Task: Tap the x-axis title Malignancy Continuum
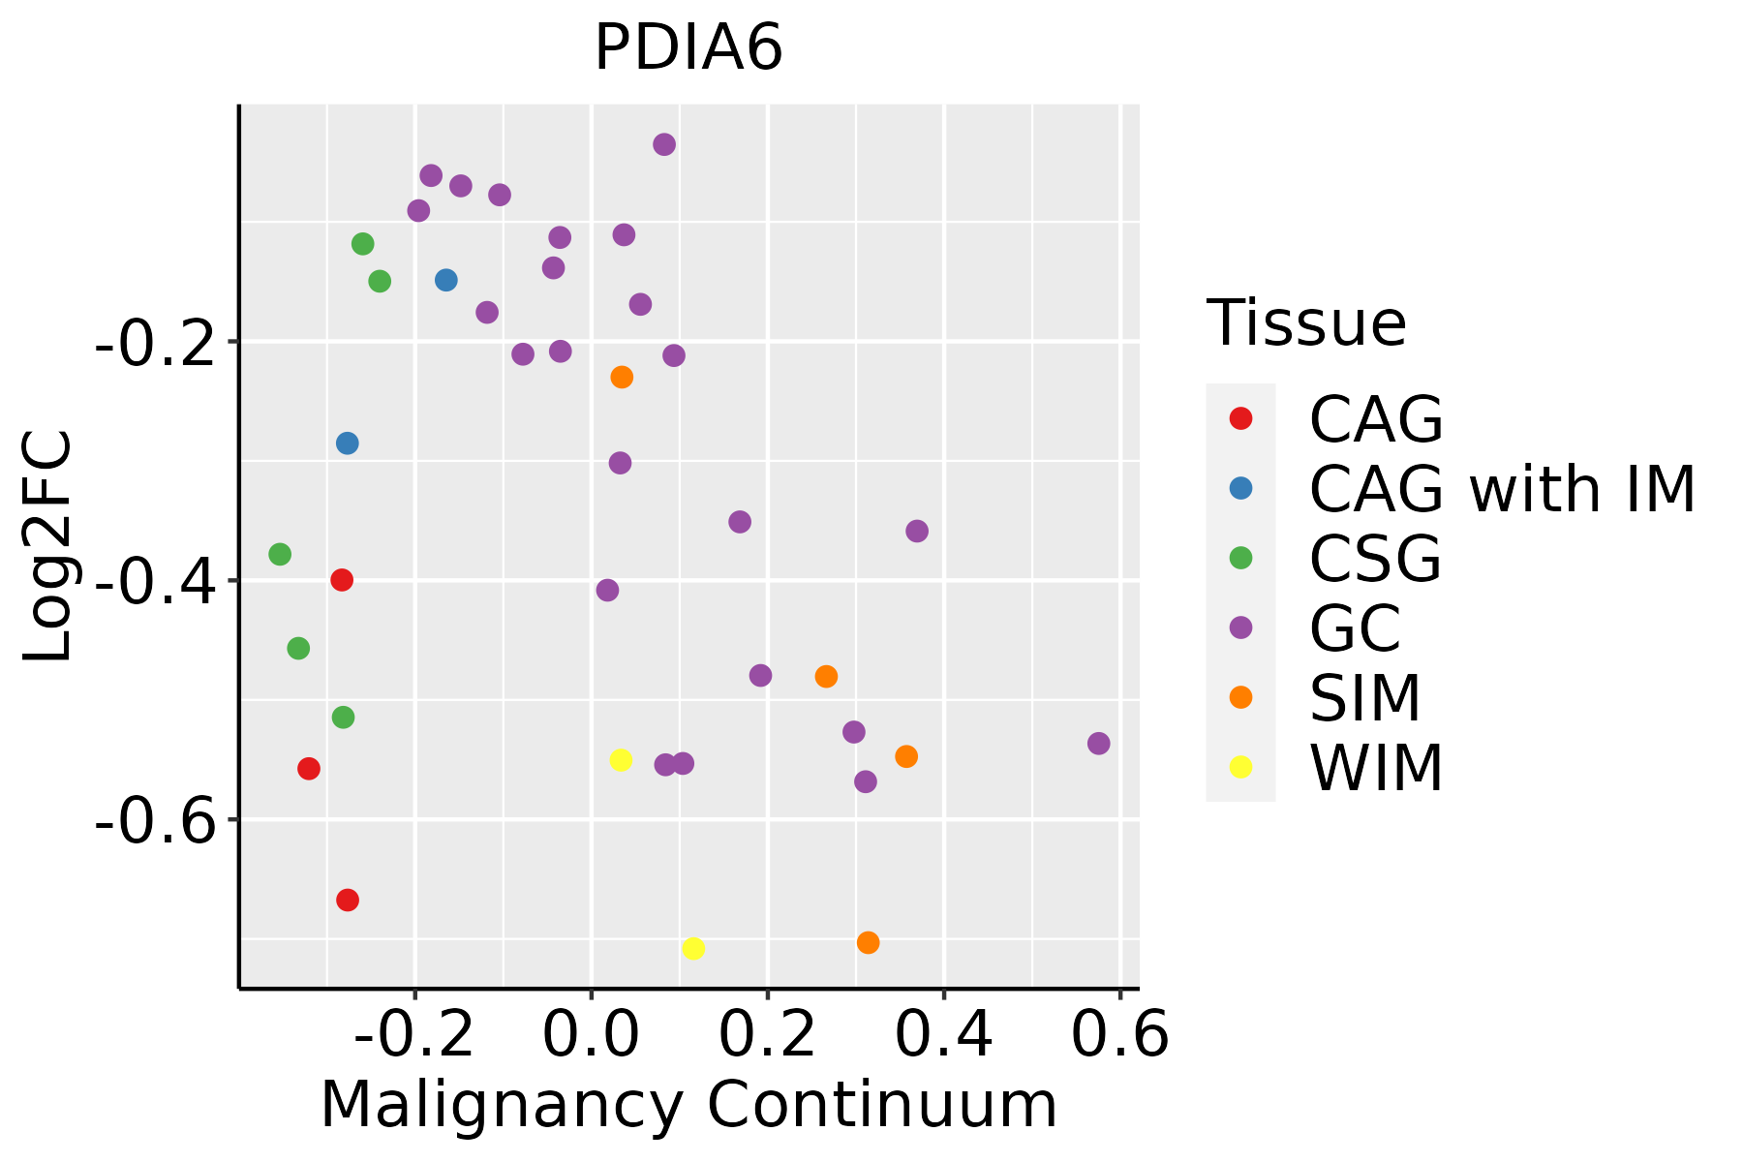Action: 688,1105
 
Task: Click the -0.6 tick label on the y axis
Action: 155,819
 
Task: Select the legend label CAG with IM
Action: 1502,489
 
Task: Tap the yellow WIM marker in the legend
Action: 1240,767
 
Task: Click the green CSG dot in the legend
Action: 1240,558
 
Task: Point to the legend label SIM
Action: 1365,697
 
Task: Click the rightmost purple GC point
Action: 1098,744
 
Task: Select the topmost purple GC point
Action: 664,144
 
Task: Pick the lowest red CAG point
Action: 348,901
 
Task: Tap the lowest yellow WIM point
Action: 693,948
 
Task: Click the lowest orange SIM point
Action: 869,942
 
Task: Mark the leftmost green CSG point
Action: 280,555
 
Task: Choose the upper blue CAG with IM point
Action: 446,280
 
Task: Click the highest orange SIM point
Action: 622,377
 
